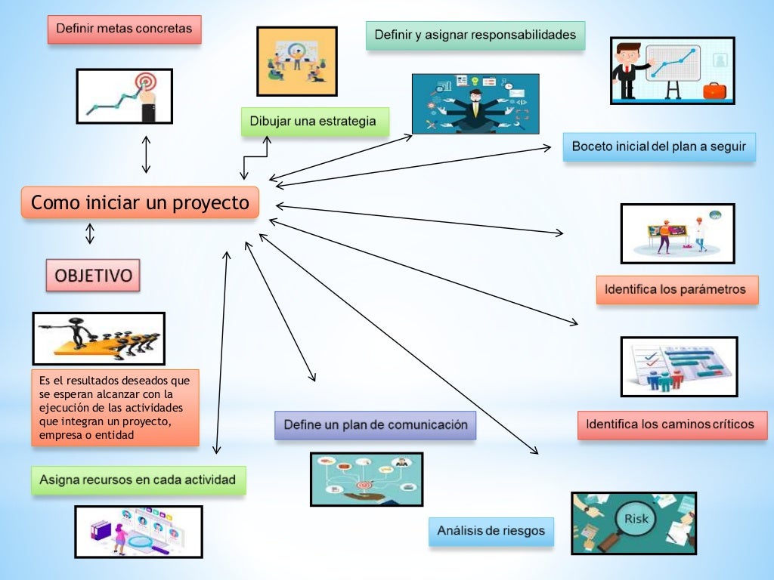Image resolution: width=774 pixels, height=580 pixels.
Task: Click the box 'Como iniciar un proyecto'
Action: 140,203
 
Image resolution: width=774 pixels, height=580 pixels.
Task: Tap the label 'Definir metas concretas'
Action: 125,29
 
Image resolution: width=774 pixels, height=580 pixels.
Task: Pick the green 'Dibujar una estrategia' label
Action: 314,121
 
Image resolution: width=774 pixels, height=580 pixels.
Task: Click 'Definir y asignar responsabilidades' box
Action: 475,35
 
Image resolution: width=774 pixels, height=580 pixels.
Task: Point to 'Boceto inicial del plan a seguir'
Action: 658,147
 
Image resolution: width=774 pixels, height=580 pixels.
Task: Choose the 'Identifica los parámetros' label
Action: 676,289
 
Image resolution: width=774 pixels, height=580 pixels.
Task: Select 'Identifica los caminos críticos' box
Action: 671,424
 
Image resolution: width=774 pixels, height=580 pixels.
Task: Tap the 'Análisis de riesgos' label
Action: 491,531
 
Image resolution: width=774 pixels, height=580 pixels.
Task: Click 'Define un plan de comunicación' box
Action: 376,425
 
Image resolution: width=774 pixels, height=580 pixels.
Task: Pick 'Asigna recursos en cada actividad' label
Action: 138,480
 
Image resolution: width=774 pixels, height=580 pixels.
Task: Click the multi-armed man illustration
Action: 475,104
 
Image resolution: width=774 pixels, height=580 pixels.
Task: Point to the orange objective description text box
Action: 115,407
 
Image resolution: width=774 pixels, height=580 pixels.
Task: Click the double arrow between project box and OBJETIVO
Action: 90,233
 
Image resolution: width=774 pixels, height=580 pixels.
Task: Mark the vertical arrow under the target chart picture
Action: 146,154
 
